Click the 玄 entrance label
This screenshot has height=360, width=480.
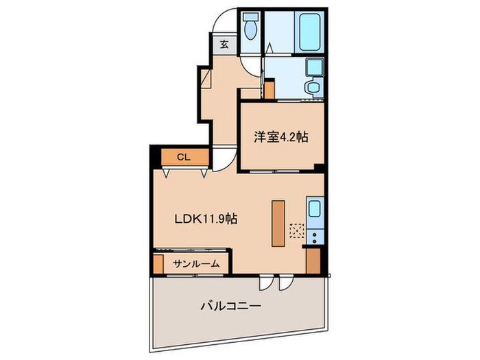[224, 44]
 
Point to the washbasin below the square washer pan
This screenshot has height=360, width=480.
[313, 88]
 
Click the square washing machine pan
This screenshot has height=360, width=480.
[314, 67]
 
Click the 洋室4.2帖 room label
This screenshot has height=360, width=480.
[281, 136]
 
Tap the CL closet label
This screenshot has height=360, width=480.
[183, 157]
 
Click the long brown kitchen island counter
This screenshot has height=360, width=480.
[277, 223]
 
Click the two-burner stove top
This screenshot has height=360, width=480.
[315, 237]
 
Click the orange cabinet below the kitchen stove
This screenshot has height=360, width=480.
[314, 261]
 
